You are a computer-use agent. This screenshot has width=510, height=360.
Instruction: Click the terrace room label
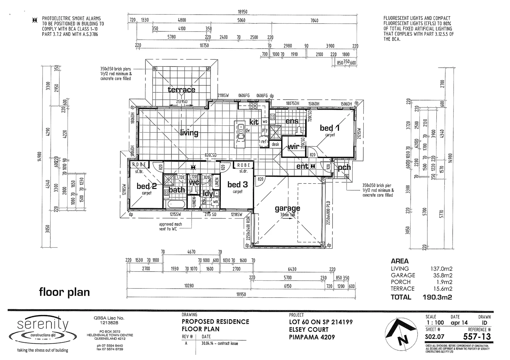click(181, 90)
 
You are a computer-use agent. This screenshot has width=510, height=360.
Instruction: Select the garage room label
click(287, 208)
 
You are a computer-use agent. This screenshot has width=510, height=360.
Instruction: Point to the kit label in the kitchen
click(254, 122)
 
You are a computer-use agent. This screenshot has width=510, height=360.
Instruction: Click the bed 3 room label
click(237, 185)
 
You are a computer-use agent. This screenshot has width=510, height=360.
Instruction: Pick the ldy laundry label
click(208, 194)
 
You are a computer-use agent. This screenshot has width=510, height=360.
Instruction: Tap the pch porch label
click(344, 167)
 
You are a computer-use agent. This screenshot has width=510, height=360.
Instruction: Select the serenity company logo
click(43, 328)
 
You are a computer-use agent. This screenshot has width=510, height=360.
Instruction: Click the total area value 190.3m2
click(437, 297)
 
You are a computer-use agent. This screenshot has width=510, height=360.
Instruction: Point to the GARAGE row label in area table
click(403, 275)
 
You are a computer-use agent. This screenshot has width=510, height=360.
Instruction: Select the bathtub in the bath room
click(175, 204)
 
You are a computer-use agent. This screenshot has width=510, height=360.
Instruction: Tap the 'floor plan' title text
click(64, 292)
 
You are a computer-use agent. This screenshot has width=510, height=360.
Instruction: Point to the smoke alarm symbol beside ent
click(313, 166)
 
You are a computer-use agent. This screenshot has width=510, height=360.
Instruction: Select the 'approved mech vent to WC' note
click(170, 226)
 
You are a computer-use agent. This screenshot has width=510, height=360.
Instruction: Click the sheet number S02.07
click(435, 337)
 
